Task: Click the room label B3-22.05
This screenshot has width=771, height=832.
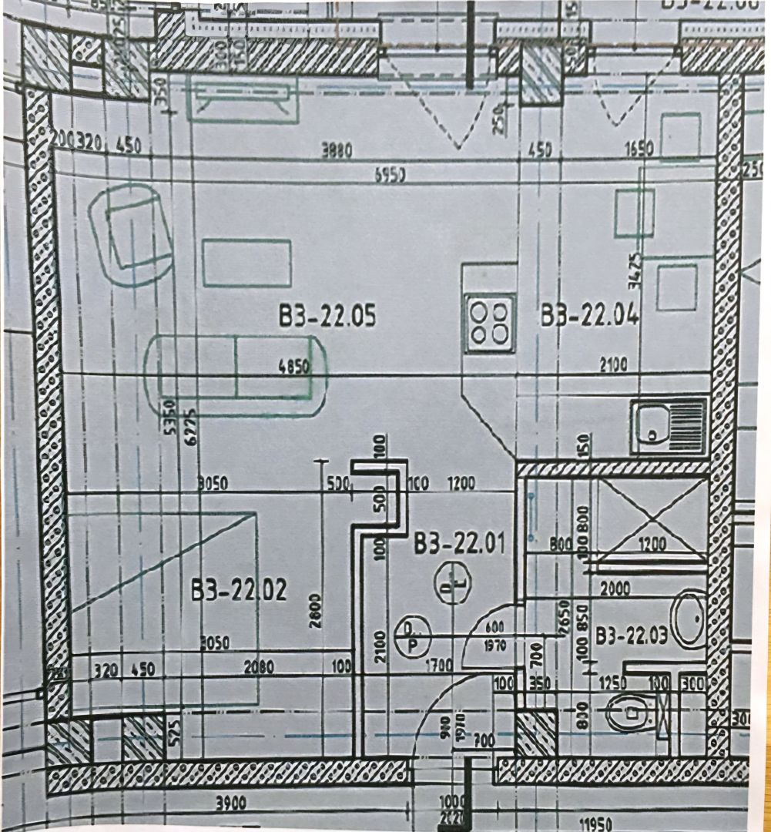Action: coord(328,316)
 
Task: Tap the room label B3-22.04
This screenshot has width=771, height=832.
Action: coord(590,316)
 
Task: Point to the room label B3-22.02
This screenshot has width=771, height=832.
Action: coord(239,591)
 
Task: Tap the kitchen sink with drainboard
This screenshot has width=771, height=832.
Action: coord(669,426)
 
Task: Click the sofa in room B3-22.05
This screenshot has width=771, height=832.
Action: coord(235,375)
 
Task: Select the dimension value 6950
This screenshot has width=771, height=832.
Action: coord(391,175)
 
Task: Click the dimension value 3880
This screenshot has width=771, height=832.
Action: coord(337,151)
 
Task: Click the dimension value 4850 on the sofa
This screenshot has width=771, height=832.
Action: coord(293,367)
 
